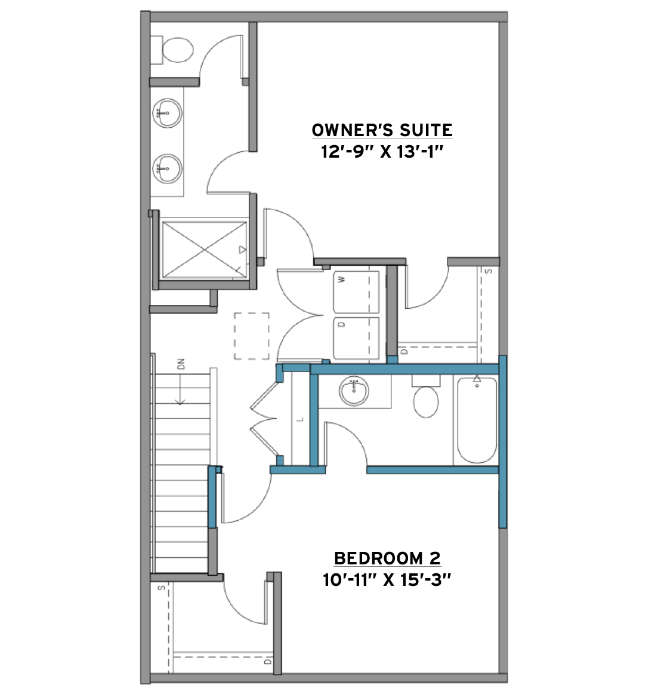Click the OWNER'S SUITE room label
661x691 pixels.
point(382,130)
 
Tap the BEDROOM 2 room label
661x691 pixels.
point(387,558)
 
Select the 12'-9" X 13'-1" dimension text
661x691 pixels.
point(382,152)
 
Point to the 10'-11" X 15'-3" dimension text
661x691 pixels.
point(387,579)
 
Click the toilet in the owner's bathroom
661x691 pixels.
point(173,50)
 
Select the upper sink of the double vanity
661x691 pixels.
point(167,113)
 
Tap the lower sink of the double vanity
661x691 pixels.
point(167,168)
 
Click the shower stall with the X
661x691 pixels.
point(204,250)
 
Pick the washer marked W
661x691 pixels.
point(356,292)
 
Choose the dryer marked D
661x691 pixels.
point(356,338)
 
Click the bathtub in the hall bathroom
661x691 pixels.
point(477,419)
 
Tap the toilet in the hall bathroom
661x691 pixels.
point(426,397)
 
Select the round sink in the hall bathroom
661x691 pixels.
point(354,391)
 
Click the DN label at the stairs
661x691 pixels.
point(181,364)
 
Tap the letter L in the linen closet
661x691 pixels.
point(301,419)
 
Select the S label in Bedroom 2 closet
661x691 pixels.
point(162,588)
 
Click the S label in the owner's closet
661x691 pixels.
point(488,271)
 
